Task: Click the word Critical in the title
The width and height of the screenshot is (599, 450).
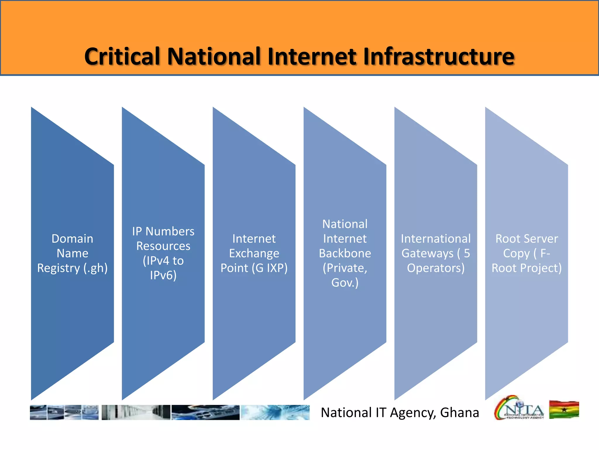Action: point(122,57)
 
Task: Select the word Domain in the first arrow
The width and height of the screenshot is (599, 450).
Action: point(72,239)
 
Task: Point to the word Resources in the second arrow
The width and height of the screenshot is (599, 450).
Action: point(163,246)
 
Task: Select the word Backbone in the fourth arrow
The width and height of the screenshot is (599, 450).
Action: point(345,253)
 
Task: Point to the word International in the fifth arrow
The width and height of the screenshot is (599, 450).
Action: point(436,239)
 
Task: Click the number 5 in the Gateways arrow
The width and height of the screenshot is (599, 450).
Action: point(467,253)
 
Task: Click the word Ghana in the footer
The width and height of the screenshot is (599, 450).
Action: point(459,412)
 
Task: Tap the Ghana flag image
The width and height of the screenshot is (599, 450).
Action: point(564,410)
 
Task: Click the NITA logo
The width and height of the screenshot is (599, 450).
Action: point(519,408)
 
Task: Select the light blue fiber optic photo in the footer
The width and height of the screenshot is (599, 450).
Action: point(275,412)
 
